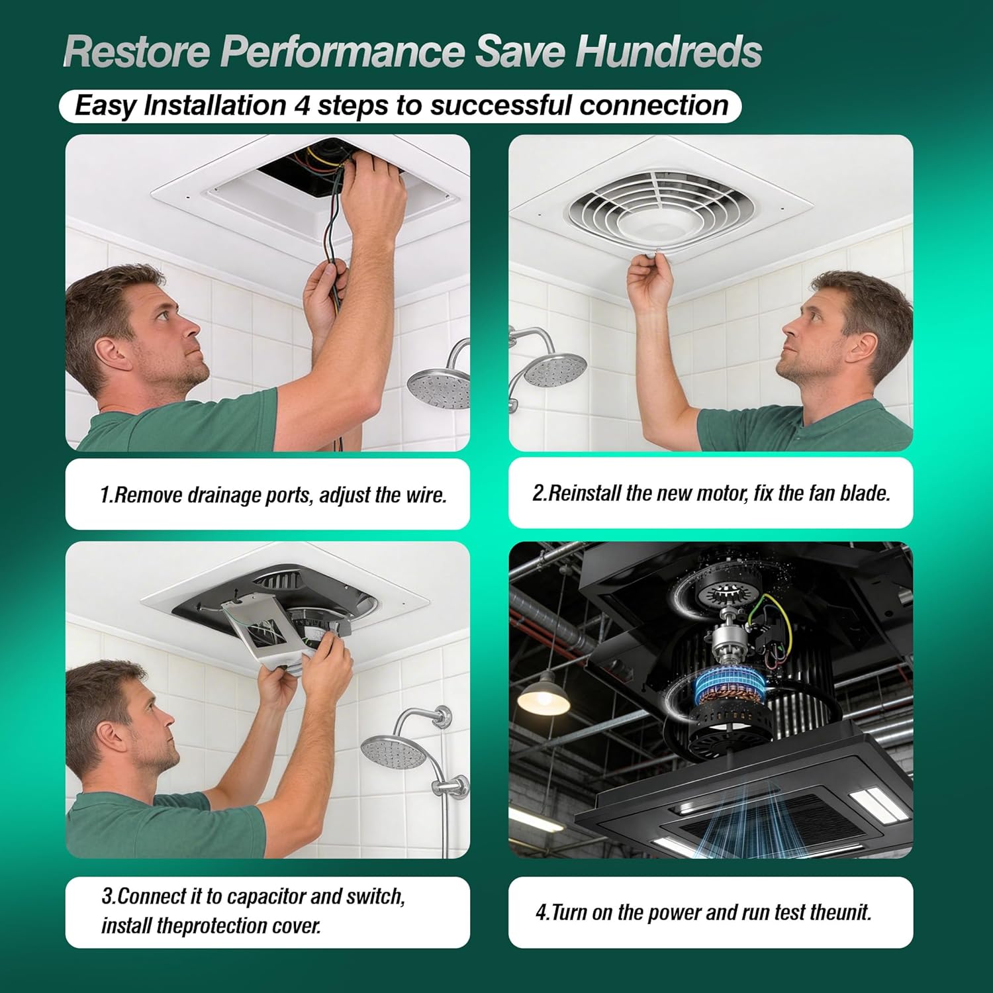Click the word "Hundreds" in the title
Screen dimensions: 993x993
669,52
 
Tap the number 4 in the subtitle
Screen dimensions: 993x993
301,106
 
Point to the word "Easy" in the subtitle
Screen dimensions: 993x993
105,106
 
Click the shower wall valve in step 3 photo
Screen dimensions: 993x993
450,788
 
